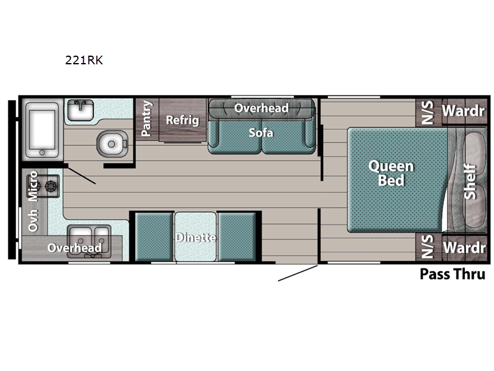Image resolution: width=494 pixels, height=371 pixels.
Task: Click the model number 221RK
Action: [84, 60]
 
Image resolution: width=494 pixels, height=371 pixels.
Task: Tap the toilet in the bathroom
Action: [112, 143]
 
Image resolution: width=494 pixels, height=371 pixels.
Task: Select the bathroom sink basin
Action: [81, 110]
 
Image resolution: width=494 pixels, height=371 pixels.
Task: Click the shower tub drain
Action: [42, 153]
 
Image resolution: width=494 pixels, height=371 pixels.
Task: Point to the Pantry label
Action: [146, 118]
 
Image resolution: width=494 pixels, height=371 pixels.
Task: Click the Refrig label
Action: [182, 120]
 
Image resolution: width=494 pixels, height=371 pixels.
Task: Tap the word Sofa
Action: [261, 133]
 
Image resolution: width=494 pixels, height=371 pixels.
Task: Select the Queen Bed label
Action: [391, 173]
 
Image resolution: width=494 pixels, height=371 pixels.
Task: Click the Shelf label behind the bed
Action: [470, 181]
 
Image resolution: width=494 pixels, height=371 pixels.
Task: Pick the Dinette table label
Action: [196, 237]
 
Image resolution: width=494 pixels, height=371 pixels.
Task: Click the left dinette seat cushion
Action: [154, 237]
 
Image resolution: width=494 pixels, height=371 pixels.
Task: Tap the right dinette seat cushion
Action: [237, 237]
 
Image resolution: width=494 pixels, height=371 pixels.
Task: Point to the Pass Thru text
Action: [453, 274]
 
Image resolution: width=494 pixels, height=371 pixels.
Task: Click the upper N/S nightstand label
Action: [427, 113]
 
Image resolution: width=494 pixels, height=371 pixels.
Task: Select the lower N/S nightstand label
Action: [427, 246]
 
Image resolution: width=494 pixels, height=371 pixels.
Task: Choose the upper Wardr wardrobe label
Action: [463, 111]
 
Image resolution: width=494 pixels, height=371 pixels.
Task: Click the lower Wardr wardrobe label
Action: [464, 248]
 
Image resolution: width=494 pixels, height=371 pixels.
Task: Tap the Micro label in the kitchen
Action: [33, 186]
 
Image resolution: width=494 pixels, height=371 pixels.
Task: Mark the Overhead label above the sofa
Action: [261, 108]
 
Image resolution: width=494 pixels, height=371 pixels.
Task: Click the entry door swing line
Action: [298, 273]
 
